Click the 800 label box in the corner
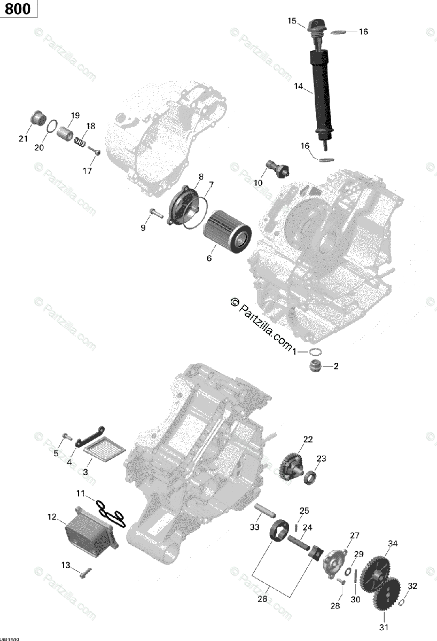point(19,9)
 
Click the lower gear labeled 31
point(387,595)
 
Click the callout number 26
point(262,599)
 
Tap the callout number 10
point(258,182)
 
